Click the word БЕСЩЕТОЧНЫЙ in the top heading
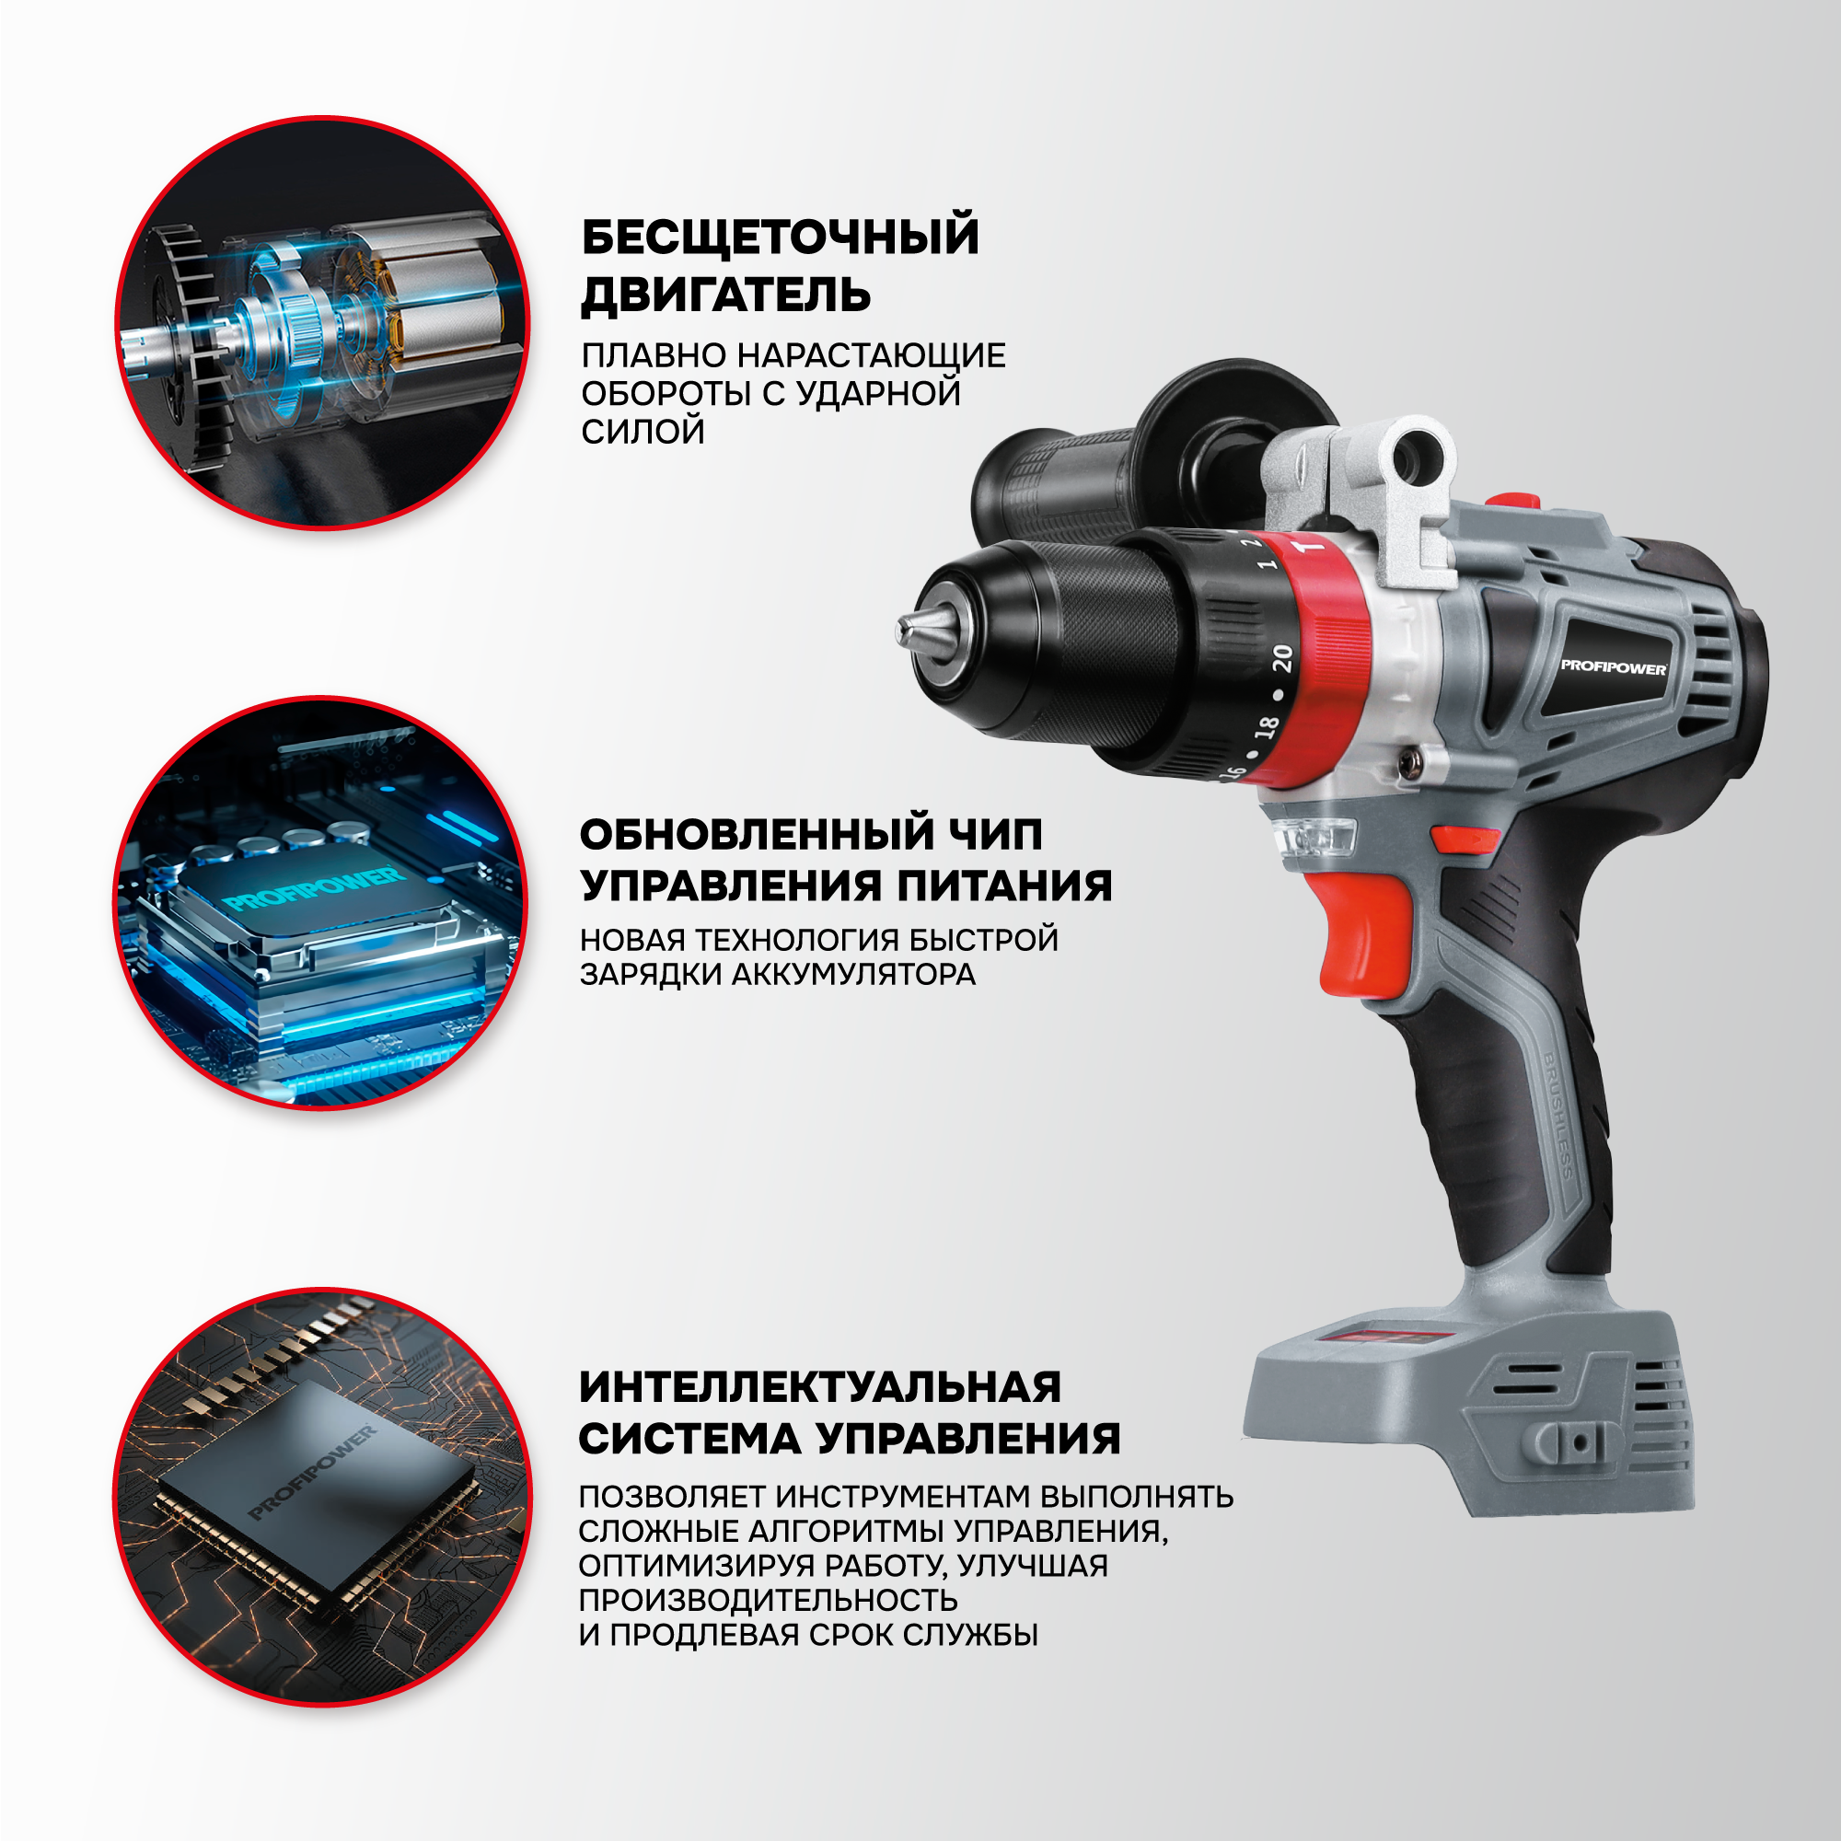coord(781,237)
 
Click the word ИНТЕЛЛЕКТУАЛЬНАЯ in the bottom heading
coord(820,1387)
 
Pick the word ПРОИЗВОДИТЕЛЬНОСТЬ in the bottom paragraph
coord(768,1600)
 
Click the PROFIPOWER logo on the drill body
coord(1614,667)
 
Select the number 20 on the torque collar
coord(1281,658)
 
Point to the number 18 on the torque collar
coord(1266,727)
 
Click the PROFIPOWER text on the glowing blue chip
coord(314,887)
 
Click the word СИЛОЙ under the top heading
coord(643,432)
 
